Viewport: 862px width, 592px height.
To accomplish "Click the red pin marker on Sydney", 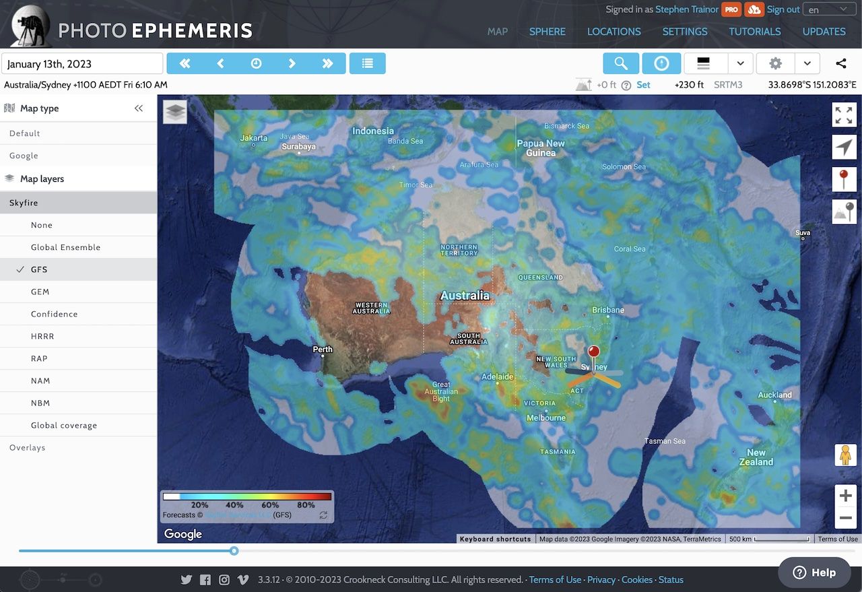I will click(x=593, y=352).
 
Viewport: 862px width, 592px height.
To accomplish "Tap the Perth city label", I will click(x=323, y=350).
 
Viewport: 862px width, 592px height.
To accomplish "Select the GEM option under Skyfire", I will click(x=40, y=292).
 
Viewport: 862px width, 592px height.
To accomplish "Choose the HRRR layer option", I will click(x=42, y=336).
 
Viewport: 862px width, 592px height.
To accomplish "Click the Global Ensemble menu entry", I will click(x=65, y=247).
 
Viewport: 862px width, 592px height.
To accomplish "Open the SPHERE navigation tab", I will click(x=547, y=32).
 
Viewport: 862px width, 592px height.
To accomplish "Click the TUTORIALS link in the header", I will click(x=754, y=32).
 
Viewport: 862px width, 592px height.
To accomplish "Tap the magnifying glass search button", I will click(x=621, y=63).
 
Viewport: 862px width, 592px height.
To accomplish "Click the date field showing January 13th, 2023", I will click(x=82, y=64).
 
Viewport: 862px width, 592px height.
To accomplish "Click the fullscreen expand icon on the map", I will click(x=844, y=115).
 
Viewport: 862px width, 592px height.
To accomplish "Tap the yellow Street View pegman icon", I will click(x=844, y=456).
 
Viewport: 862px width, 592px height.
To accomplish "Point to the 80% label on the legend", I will click(x=306, y=504).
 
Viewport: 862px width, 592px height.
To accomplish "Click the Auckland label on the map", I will click(x=774, y=395).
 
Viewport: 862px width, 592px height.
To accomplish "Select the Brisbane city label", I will click(x=607, y=310).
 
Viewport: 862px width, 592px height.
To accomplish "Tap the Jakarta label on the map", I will click(x=254, y=138).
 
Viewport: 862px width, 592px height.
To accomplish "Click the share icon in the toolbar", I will click(x=840, y=63).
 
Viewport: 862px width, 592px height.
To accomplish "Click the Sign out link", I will click(x=783, y=9).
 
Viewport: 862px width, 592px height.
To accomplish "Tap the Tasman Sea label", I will click(x=665, y=441).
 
